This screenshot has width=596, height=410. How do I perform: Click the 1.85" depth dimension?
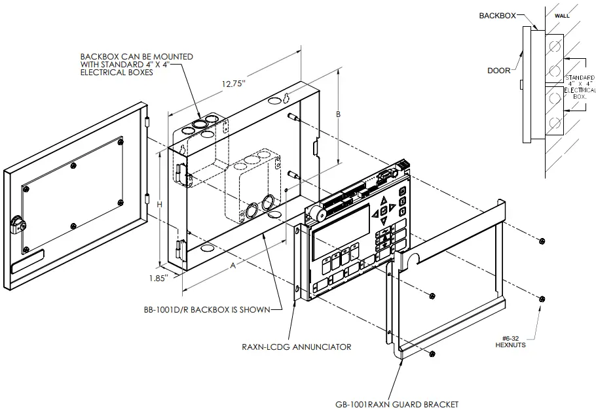coord(157,277)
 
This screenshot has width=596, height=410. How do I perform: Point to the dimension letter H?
coord(160,205)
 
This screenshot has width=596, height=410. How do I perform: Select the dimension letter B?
coord(339,114)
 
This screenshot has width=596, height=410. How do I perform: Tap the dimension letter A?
coord(233,266)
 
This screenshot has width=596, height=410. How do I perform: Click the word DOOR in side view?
coord(499,69)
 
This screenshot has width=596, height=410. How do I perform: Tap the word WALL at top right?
coord(563,14)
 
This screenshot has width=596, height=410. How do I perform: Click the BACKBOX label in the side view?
coord(495,14)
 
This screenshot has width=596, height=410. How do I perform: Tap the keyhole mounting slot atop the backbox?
coord(287,98)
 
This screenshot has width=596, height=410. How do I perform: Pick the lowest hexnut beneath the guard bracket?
coord(433,353)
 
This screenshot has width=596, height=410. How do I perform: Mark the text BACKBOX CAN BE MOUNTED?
coord(136,57)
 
